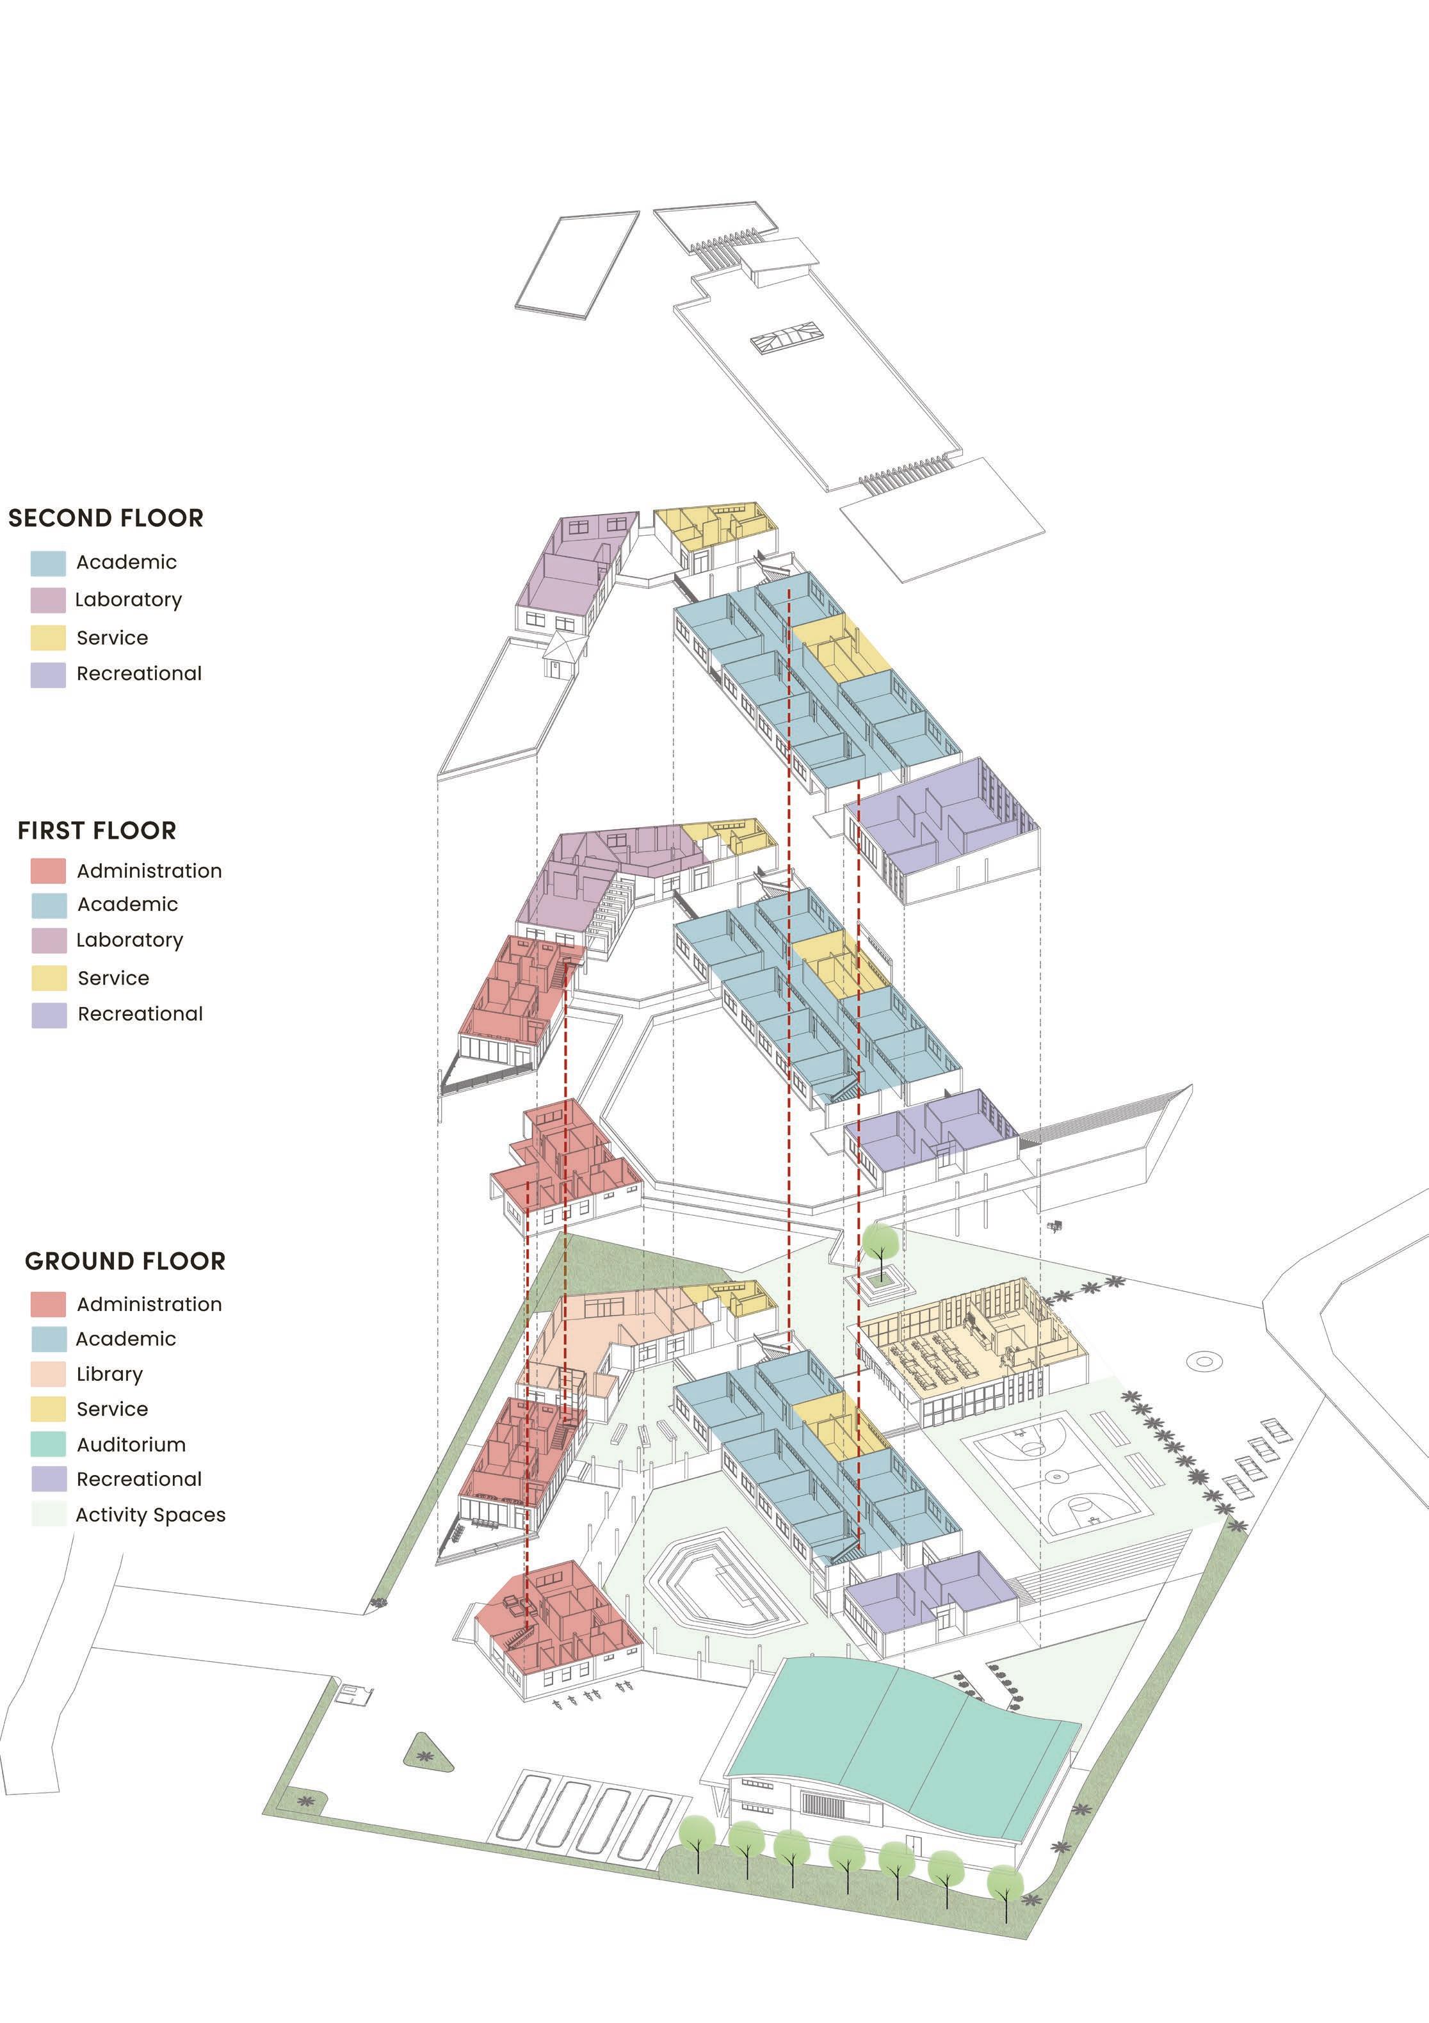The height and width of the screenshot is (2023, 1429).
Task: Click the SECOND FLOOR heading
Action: (106, 518)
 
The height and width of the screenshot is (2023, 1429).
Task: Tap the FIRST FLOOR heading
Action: (97, 831)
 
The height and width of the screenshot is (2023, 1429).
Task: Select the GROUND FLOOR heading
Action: (125, 1262)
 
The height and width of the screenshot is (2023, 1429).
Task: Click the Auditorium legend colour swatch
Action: (49, 1444)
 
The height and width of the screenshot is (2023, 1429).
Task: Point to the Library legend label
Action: (109, 1374)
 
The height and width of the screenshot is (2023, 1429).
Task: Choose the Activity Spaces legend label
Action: (150, 1515)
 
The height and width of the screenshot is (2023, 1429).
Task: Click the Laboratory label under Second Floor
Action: (129, 600)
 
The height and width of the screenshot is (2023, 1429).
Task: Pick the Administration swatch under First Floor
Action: (49, 871)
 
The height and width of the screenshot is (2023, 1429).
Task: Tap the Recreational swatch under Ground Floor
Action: (49, 1479)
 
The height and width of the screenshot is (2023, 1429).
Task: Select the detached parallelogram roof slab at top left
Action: (577, 264)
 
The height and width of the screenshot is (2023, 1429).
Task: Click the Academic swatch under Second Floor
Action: (49, 563)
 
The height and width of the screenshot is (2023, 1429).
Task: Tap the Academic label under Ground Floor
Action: (126, 1339)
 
